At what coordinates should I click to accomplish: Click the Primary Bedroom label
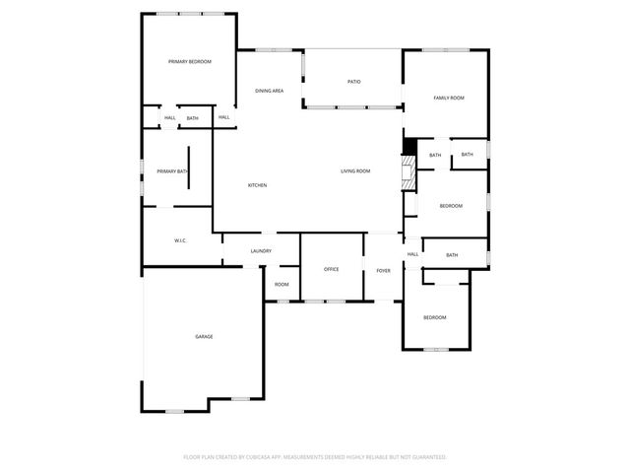(x=189, y=62)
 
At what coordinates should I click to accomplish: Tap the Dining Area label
(x=270, y=91)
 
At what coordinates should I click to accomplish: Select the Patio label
(x=353, y=81)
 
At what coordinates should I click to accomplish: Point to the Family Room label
(x=449, y=98)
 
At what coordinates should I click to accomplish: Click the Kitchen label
(x=257, y=185)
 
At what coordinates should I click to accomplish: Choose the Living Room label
(x=355, y=171)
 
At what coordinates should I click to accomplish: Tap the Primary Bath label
(x=172, y=171)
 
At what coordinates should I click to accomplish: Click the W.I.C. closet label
(x=181, y=240)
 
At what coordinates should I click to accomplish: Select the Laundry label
(x=261, y=251)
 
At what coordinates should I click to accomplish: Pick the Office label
(x=332, y=269)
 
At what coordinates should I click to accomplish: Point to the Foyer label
(x=383, y=270)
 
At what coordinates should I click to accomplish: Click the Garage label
(x=204, y=337)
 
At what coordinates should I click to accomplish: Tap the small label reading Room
(x=282, y=285)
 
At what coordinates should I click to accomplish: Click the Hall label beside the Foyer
(x=412, y=254)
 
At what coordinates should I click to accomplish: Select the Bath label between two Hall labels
(x=193, y=118)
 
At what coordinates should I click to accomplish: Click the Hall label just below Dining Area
(x=224, y=117)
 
